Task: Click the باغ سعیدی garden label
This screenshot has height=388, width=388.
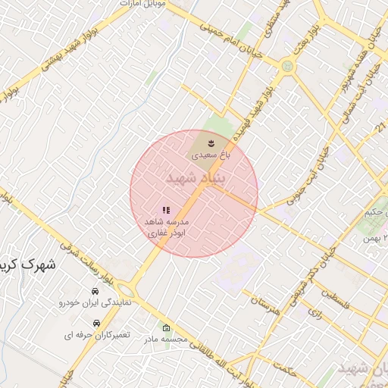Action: coord(210,154)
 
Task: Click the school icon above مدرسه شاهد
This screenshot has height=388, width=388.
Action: coord(166,210)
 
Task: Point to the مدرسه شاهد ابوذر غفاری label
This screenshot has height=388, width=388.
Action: coord(166,229)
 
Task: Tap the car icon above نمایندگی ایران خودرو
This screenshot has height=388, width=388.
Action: coord(95,291)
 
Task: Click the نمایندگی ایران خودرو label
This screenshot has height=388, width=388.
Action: coord(95,302)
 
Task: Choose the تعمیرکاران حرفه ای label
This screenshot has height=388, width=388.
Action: coord(96,334)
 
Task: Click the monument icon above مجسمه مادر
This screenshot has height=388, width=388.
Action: coord(166,328)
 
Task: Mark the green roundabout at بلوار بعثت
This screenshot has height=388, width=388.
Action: coord(286,66)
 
